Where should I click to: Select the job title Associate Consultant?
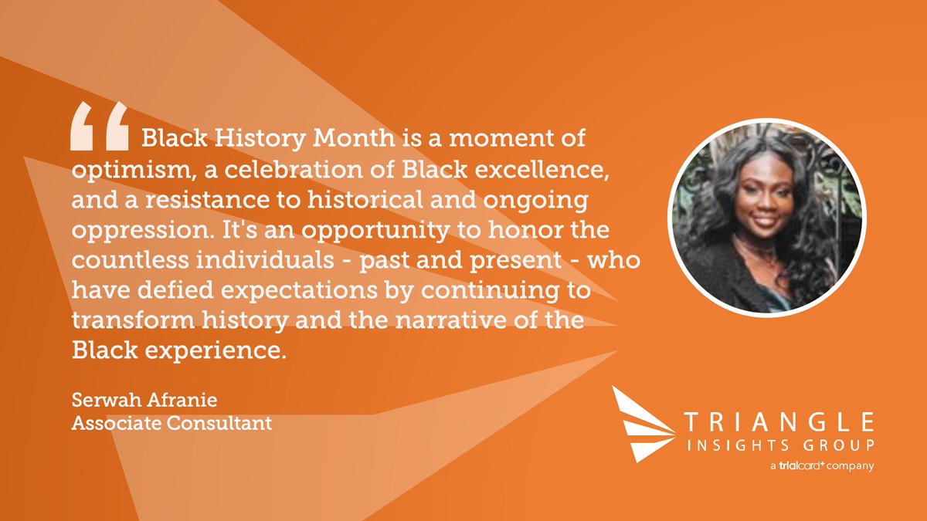171,424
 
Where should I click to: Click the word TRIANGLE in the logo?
779,421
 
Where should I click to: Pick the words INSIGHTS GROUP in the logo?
779,445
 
